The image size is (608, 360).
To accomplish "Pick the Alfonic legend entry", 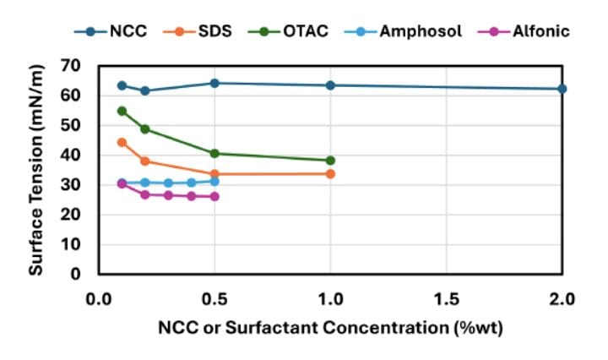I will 529,32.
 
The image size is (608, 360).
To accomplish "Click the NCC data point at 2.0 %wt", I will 562,89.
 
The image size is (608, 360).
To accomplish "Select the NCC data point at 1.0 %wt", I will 330,85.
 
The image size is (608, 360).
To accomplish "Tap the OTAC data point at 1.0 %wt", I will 330,161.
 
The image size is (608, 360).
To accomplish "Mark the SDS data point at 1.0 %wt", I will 330,173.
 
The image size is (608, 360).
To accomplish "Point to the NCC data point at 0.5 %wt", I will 214,83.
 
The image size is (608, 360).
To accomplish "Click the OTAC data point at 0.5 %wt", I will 214,153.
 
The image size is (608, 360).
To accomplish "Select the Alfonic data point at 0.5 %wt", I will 214,196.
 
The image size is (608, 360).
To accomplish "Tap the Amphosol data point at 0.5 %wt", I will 214,181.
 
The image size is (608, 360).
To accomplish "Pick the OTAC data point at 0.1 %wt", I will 122,111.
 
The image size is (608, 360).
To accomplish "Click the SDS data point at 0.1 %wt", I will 122,142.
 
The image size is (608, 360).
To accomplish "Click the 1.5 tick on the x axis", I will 446,298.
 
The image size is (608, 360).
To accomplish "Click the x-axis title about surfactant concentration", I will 330,327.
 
